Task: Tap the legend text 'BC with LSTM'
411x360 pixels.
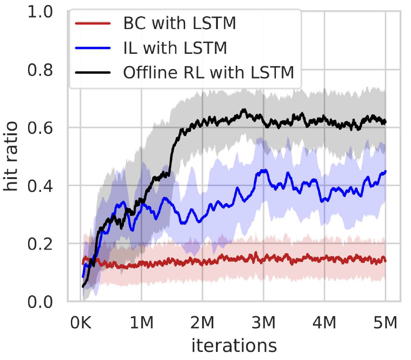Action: [x=179, y=23]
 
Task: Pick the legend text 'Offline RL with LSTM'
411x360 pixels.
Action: [x=208, y=73]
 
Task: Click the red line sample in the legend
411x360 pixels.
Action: [x=93, y=23]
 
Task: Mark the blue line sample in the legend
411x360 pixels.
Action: [x=93, y=48]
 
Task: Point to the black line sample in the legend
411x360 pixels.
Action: [x=93, y=73]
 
